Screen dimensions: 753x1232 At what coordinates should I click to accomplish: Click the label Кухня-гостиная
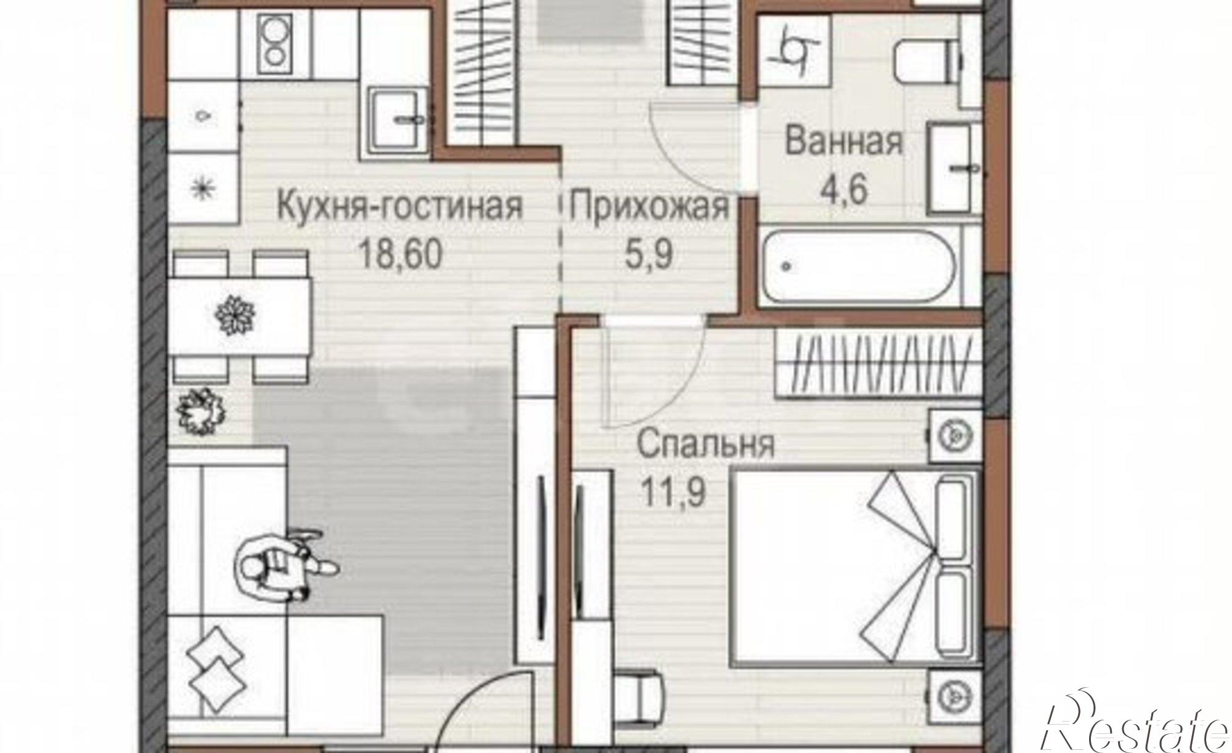[x=400, y=207]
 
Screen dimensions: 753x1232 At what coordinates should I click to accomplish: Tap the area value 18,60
[x=400, y=254]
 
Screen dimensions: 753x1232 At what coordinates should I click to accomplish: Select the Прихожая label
[x=649, y=207]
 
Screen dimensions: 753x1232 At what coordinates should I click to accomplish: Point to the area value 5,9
[x=649, y=254]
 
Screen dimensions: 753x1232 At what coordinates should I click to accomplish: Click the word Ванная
[x=844, y=142]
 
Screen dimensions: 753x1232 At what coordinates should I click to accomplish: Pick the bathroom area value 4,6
[x=844, y=189]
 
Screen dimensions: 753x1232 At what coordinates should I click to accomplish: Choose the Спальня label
[x=705, y=445]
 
